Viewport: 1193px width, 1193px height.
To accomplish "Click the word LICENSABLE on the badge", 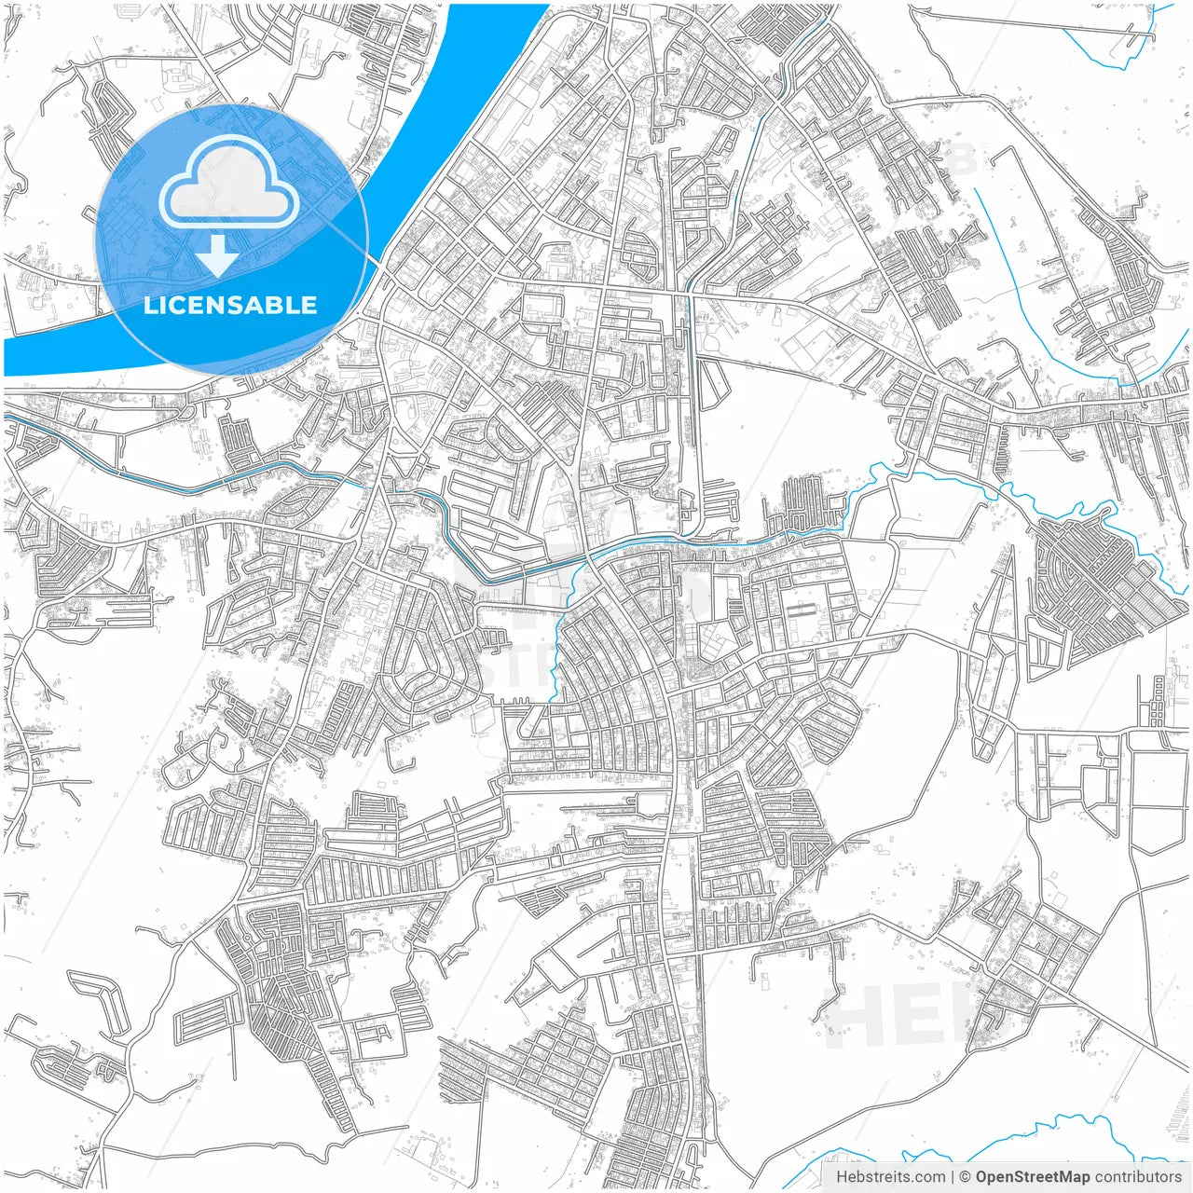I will (x=230, y=305).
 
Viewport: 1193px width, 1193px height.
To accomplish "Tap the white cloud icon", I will (x=229, y=183).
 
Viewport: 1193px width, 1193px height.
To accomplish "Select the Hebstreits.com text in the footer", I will (x=890, y=1177).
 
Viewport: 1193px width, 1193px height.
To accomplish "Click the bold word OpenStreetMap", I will (x=1033, y=1177).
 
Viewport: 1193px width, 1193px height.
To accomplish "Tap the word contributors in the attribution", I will (x=1138, y=1177).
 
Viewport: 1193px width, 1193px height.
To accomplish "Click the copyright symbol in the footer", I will (x=966, y=1177).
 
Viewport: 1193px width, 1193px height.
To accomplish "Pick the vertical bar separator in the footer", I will (x=953, y=1177).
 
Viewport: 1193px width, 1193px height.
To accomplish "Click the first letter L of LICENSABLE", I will (x=150, y=305).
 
